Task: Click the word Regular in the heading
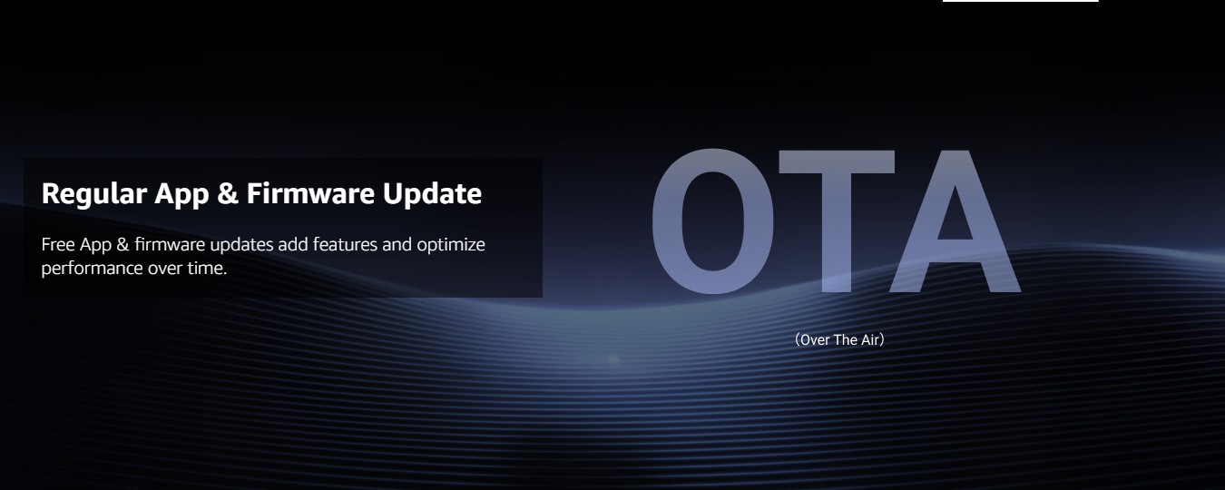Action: click(x=94, y=195)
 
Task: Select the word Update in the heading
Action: click(x=432, y=195)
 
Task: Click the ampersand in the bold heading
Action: click(x=228, y=193)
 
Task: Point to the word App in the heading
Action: click(x=181, y=195)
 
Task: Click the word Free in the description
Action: click(x=58, y=244)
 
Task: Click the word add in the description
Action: click(x=293, y=244)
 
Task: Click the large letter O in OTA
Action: click(x=713, y=220)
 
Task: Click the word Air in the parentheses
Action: click(x=869, y=340)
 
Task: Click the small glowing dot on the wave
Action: click(x=613, y=359)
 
